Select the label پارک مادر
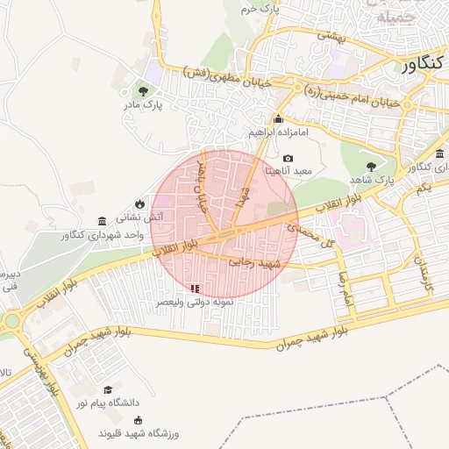[142, 105]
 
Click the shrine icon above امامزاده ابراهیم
[279, 120]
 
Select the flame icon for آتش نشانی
[139, 201]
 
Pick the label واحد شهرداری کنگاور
[103, 235]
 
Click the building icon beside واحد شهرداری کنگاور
[103, 220]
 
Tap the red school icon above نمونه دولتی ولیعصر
[195, 288]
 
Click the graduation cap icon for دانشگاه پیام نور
[108, 390]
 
